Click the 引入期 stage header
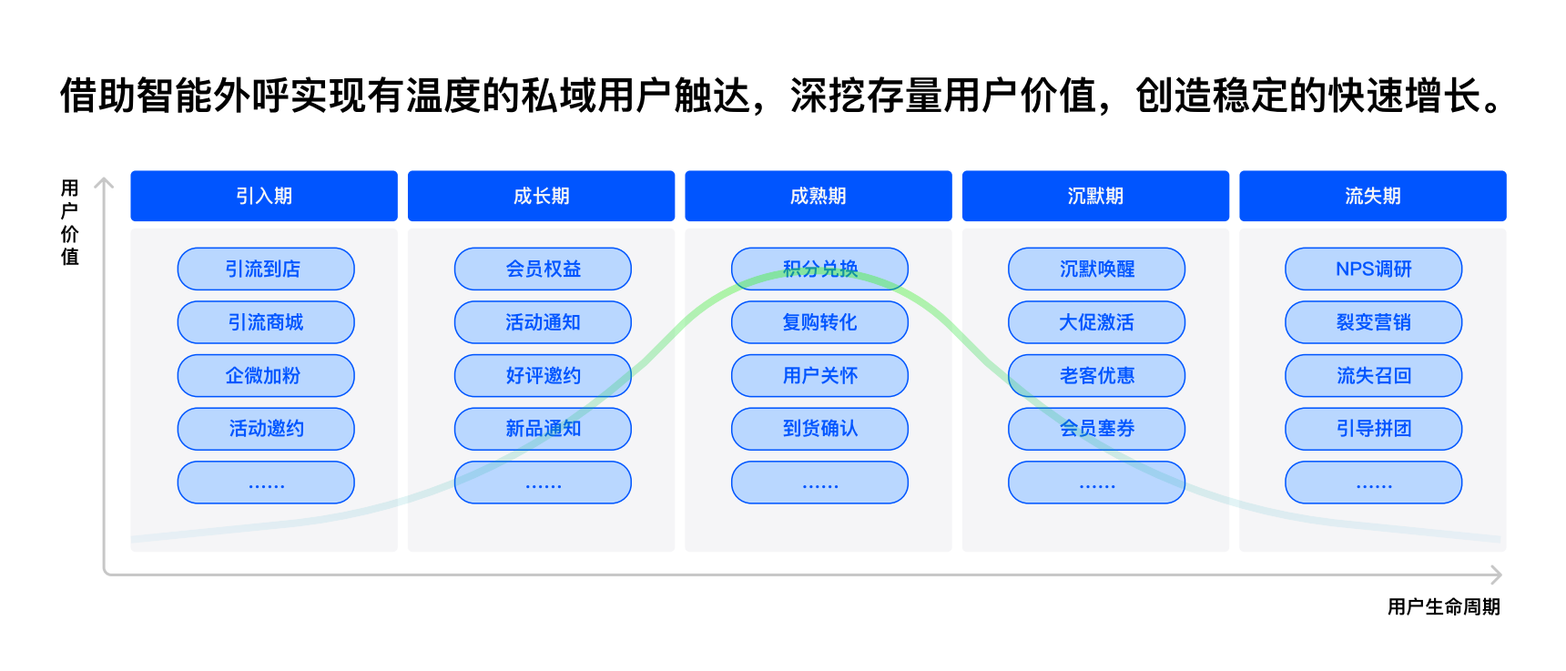tap(264, 196)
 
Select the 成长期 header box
tap(541, 196)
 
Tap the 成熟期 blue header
tap(819, 196)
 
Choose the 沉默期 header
tap(1095, 196)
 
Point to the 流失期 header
tap(1373, 196)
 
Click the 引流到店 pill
tap(266, 269)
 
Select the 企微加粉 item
tap(266, 375)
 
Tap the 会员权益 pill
tap(543, 269)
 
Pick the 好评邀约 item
tap(543, 375)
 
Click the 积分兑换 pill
tap(819, 269)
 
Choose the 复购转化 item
tap(819, 322)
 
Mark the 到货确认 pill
tap(819, 429)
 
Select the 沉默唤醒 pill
tap(1096, 269)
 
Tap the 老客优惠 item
tap(1096, 375)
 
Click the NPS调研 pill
tap(1373, 269)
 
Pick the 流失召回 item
tap(1373, 375)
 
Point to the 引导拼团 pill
tap(1373, 429)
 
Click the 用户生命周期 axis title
tap(1443, 606)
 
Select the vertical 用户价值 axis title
tap(70, 222)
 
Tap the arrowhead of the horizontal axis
tap(1499, 575)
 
